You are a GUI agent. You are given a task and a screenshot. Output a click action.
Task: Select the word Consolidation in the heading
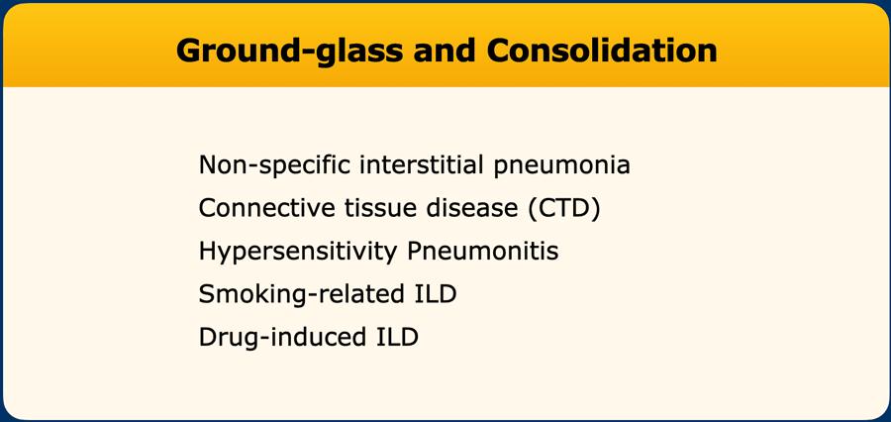602,51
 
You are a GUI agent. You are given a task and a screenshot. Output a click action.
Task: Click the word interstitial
422,164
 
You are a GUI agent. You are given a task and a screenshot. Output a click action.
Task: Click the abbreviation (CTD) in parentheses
563,209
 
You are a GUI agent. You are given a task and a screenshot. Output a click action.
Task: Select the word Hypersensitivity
298,253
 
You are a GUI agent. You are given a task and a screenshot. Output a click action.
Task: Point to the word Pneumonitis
483,252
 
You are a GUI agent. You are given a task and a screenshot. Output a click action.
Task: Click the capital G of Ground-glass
188,51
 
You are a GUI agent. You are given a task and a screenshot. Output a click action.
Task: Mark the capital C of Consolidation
498,51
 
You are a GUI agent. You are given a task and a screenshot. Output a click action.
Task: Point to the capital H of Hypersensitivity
207,252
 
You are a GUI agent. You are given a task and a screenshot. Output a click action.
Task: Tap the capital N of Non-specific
208,165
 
